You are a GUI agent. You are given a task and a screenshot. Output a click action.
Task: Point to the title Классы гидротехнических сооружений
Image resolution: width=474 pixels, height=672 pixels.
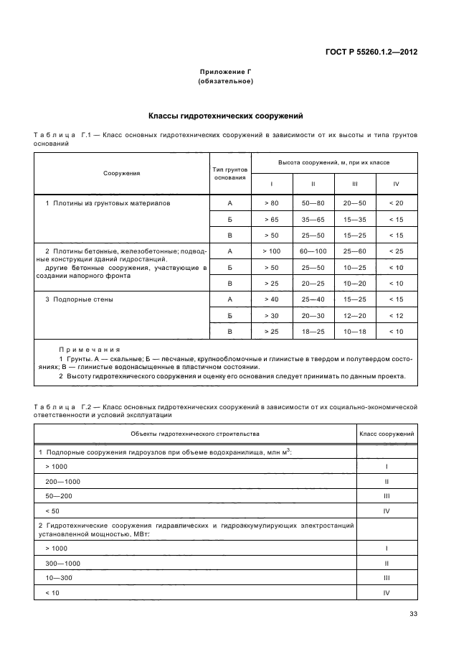[226, 116]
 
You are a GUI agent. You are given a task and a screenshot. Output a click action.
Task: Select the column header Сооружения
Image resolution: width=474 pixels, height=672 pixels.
[121, 173]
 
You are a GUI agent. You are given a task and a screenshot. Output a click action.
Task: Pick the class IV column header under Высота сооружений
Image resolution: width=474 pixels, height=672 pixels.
[397, 184]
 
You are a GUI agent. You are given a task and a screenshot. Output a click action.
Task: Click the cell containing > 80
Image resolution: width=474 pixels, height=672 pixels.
[271, 203]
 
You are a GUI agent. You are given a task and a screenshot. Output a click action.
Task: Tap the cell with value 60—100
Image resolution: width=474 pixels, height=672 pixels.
[313, 251]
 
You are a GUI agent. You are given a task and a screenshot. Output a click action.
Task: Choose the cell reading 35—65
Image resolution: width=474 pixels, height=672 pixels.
[313, 219]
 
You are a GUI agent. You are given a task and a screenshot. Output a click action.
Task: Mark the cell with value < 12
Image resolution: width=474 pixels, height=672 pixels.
[397, 316]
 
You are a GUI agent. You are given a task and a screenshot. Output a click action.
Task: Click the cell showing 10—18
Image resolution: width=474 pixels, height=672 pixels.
[355, 332]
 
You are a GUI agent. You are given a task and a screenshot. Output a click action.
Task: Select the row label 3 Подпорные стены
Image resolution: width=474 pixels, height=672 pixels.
[79, 299]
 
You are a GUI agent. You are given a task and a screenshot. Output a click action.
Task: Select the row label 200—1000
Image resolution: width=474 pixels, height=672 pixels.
[62, 481]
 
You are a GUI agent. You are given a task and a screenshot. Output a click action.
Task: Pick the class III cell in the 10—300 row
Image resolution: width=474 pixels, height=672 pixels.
[387, 577]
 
